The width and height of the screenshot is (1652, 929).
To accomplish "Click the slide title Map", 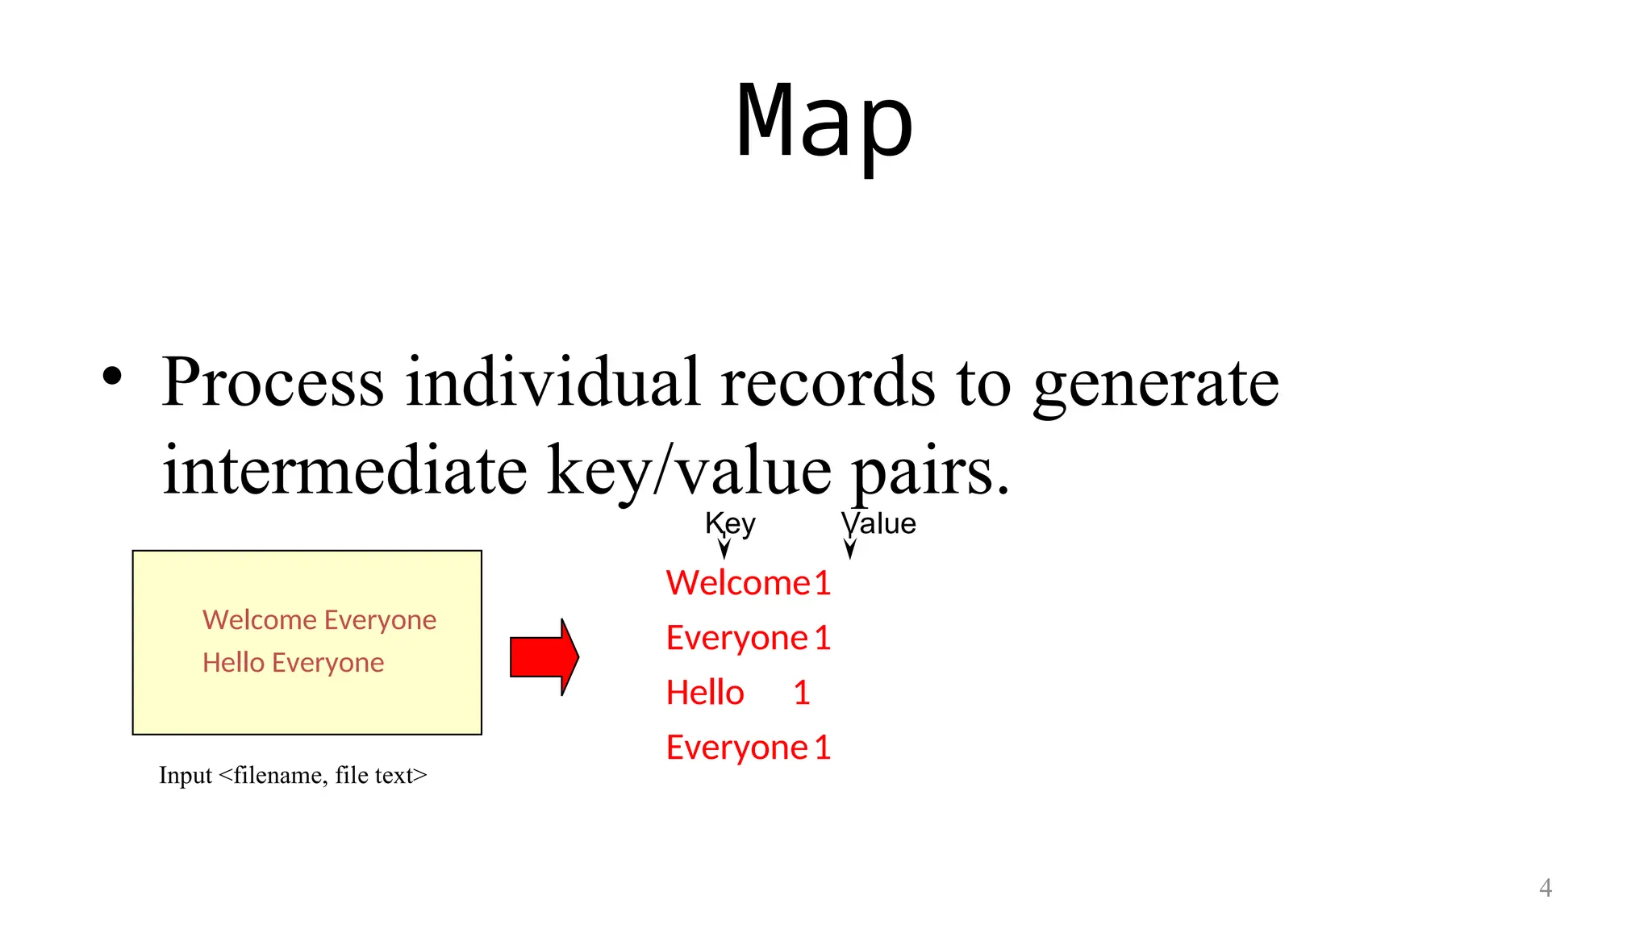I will [x=824, y=121].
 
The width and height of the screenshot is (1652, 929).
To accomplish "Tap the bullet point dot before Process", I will [x=112, y=377].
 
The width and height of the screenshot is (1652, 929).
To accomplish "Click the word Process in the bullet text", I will [x=273, y=382].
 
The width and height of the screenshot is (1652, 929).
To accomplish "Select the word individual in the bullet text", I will [x=552, y=382].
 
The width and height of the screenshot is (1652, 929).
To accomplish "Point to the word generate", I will [x=1155, y=384].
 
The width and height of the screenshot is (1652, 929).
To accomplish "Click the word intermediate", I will [x=344, y=471].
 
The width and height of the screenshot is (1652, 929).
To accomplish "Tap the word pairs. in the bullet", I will [x=930, y=473].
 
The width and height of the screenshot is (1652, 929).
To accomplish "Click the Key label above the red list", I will [x=730, y=524].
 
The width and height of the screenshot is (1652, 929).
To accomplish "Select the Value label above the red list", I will [x=879, y=524].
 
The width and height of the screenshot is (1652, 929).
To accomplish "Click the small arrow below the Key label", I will [x=724, y=548].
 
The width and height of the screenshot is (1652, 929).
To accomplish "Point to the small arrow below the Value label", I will [x=849, y=548].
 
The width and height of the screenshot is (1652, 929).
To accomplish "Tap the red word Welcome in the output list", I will [x=737, y=583].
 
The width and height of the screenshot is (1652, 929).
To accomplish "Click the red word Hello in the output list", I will [x=705, y=693].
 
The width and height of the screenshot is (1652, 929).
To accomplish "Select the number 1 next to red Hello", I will [x=801, y=693].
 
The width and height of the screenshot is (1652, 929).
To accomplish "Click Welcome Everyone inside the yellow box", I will [x=319, y=620].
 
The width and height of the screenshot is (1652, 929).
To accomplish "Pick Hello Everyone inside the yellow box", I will [x=293, y=663].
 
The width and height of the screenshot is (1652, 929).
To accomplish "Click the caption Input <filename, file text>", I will [x=293, y=775].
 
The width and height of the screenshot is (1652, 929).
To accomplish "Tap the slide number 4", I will [x=1545, y=888].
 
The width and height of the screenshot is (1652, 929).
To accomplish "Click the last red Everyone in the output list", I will [x=736, y=748].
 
